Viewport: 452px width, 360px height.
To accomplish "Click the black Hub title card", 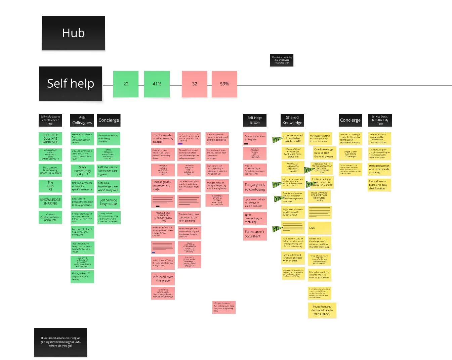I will (73, 33).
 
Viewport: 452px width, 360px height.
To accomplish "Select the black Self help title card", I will (71, 83).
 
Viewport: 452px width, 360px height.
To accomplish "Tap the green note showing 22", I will (126, 84).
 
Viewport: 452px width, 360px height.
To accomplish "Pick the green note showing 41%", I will (157, 84).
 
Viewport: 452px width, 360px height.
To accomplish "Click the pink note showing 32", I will (195, 84).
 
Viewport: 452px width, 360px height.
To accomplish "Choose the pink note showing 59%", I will (224, 84).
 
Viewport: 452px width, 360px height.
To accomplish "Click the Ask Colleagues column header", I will (82, 120).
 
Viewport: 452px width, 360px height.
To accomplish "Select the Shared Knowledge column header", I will (292, 120).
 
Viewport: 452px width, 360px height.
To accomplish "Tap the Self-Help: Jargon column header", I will (254, 120).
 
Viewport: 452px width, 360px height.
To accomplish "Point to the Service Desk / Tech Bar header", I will (380, 120).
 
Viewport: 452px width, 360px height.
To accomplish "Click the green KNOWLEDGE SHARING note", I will (50, 201).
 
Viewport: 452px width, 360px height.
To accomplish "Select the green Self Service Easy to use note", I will (108, 202).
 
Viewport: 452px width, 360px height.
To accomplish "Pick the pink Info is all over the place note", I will (163, 279).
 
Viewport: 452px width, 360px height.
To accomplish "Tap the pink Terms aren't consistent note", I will (254, 234).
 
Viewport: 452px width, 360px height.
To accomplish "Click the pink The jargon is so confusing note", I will (255, 187).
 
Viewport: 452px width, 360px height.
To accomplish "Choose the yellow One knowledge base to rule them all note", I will (324, 153).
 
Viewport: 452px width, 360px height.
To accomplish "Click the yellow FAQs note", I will (320, 228).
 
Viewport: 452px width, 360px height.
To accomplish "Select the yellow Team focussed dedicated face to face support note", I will (322, 310).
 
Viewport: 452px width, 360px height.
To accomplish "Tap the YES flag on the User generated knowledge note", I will (277, 140).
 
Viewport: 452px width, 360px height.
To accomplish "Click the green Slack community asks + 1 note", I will (82, 171).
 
